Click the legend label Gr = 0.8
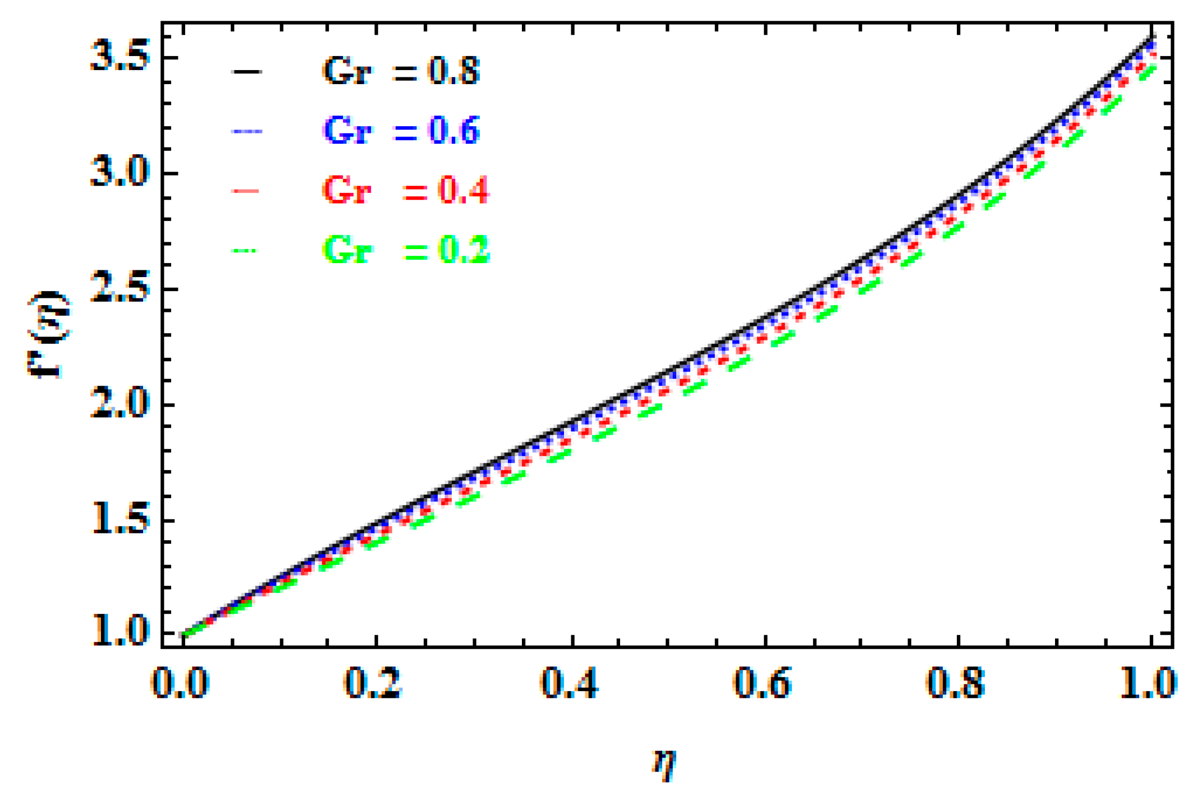point(401,71)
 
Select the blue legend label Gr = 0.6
point(401,130)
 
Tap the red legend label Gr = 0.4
point(405,190)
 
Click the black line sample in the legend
point(246,71)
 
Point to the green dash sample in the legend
point(245,250)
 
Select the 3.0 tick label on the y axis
point(120,172)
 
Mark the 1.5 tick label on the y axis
point(120,519)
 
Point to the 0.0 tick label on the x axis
point(180,683)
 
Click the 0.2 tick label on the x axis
point(373,683)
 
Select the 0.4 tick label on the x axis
point(569,683)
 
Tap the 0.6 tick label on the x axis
point(763,683)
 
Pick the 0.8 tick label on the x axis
point(956,683)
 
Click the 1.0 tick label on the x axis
point(1148,683)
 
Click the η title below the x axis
point(664,764)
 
